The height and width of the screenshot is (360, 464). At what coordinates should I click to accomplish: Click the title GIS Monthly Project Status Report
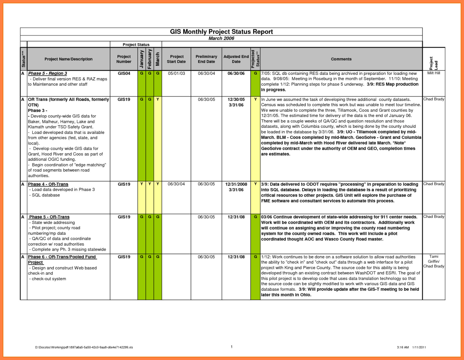(x=221, y=32)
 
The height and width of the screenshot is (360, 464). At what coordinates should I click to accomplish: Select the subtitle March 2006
(x=221, y=38)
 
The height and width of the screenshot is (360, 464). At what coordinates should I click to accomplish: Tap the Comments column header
(x=341, y=59)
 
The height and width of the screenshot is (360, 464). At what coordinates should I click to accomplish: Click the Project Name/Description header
(x=69, y=59)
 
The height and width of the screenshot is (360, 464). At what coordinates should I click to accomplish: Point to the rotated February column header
(x=150, y=59)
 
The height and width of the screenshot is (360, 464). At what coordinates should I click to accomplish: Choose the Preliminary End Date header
(x=206, y=59)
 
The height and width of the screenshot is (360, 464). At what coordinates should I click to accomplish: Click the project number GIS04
(x=124, y=73)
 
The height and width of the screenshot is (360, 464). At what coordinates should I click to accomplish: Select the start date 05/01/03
(x=176, y=73)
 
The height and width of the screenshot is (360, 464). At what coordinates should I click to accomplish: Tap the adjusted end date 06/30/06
(x=236, y=73)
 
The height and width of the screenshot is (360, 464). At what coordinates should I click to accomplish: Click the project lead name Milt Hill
(x=433, y=73)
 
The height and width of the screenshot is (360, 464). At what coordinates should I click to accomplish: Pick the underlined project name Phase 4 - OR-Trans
(x=48, y=184)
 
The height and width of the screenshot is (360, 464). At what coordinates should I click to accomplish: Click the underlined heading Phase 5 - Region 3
(x=47, y=73)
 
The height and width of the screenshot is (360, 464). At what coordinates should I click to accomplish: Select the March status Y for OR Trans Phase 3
(x=158, y=99)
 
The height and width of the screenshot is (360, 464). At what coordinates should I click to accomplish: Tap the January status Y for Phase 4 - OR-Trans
(x=141, y=184)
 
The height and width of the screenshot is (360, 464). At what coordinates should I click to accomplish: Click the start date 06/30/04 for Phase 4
(x=176, y=184)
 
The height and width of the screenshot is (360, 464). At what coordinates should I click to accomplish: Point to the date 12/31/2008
(x=236, y=184)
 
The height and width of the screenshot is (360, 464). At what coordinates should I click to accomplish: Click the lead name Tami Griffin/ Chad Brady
(x=433, y=261)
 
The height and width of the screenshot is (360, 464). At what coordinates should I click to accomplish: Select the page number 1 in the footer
(x=232, y=347)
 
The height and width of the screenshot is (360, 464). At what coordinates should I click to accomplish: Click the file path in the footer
(x=84, y=347)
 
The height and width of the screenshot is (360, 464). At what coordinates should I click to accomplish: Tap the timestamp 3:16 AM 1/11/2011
(x=411, y=347)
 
